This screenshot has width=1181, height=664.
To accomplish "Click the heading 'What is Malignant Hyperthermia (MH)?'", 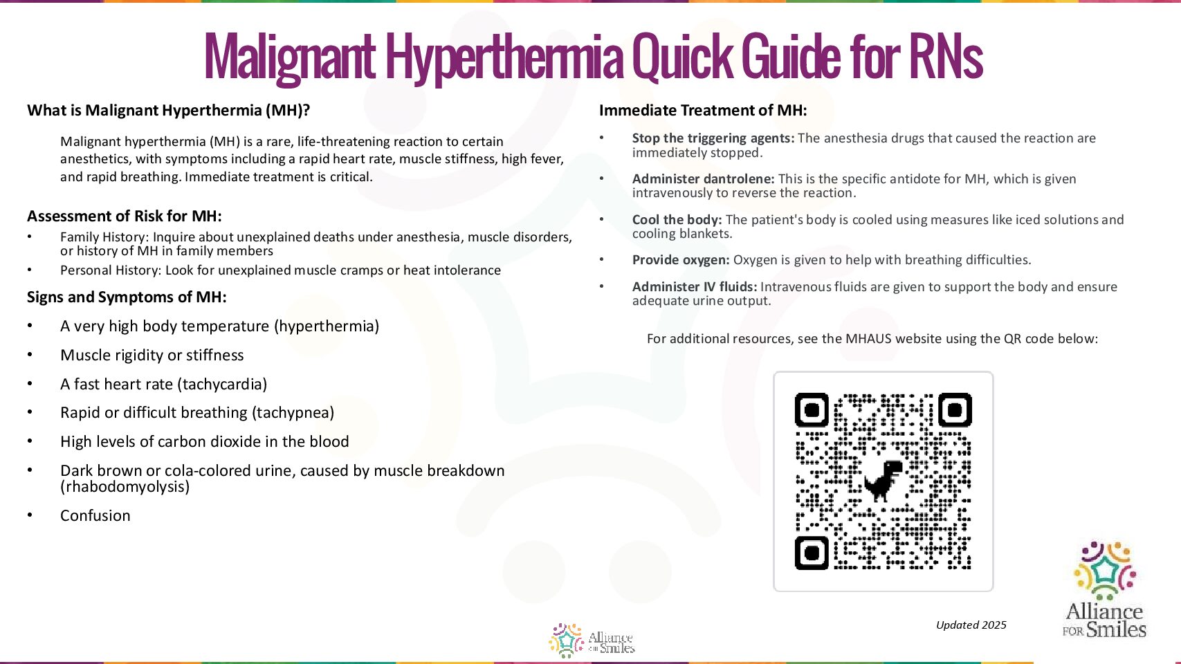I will [168, 111].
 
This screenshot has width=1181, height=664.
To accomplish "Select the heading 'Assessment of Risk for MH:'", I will [125, 216].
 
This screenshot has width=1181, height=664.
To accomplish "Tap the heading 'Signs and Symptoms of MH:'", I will [127, 297].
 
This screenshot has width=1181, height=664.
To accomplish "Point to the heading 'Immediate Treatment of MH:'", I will [702, 111].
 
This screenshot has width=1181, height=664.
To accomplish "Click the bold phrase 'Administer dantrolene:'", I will [703, 179].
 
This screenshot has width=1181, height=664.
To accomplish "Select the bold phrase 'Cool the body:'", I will [677, 220].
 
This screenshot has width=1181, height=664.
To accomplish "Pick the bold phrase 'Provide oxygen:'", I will [681, 260].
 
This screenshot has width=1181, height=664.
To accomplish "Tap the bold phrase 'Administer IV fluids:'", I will [695, 287].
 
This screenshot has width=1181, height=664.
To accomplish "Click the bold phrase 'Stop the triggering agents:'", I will [713, 138].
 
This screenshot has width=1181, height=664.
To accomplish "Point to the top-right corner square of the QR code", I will [955, 411].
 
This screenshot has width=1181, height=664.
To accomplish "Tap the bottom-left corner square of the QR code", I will [812, 553].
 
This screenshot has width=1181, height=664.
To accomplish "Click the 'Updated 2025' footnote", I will [971, 625].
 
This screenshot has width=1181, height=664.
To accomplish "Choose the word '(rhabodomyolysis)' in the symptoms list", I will [125, 487].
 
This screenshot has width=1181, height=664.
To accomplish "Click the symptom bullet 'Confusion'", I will [95, 516].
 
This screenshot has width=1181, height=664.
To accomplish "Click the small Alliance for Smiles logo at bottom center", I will [592, 640].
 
